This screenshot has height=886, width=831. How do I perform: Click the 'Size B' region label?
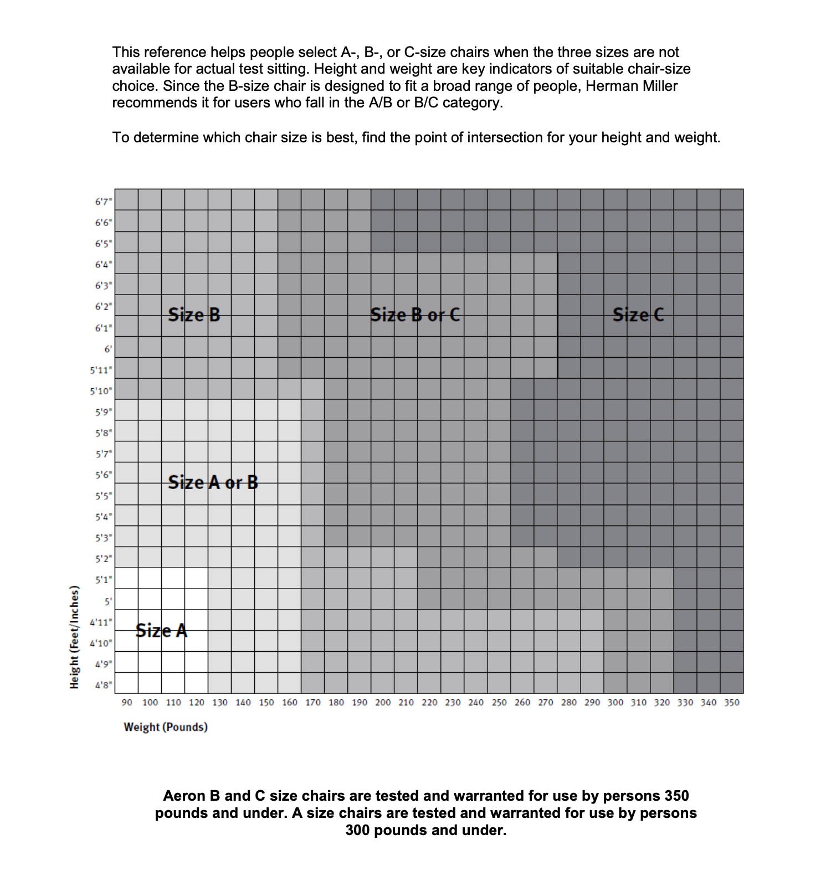coord(194,315)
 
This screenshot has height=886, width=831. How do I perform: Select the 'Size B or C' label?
coord(415,315)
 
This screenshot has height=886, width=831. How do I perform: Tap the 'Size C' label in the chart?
coord(638,315)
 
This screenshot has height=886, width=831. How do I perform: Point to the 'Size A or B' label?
coord(213,482)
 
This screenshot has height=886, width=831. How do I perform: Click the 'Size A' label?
coord(161,630)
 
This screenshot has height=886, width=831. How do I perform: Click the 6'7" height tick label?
coord(103,202)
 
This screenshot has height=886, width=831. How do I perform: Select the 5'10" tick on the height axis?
coord(101,391)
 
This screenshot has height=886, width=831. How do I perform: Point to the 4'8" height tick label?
coord(103,685)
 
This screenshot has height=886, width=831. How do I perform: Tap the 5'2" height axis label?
coord(103,559)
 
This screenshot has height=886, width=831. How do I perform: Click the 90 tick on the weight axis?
coord(127,702)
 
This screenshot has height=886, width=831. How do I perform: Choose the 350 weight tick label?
coord(732,702)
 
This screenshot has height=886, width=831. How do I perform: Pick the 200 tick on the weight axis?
coord(383,702)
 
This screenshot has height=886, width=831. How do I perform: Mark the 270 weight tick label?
coord(546,702)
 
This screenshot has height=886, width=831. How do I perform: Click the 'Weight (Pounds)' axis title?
coord(166,727)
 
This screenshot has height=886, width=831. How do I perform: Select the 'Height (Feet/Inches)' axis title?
coord(74,637)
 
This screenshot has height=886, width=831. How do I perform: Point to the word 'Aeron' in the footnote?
coord(184,796)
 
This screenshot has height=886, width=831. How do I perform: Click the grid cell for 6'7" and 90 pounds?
coord(126,199)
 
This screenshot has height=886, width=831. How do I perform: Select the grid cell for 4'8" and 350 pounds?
coord(732,683)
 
